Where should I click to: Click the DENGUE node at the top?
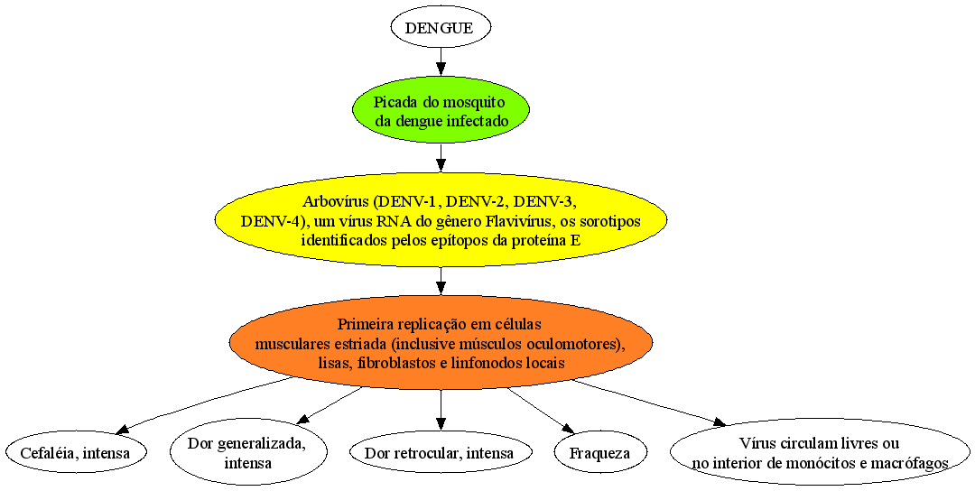click(441, 28)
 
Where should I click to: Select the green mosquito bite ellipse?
click(441, 111)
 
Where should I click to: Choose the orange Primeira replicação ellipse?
click(441, 343)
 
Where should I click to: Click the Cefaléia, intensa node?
click(76, 452)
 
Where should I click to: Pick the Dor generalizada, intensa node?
click(248, 453)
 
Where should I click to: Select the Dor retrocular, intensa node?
click(441, 452)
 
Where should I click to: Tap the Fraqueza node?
click(599, 452)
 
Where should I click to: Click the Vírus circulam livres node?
click(820, 452)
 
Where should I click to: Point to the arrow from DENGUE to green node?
click(441, 62)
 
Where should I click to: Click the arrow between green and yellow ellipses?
click(441, 159)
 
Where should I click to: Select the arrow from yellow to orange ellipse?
click(441, 282)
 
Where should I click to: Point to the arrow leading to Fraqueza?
click(541, 410)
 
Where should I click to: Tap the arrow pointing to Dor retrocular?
click(441, 410)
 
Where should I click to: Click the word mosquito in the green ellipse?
click(476, 102)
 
